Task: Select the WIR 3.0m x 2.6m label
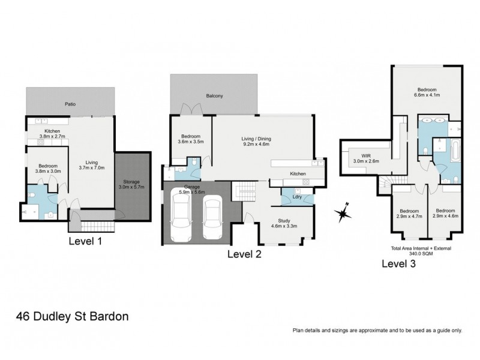366,157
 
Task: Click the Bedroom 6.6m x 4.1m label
427,91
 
